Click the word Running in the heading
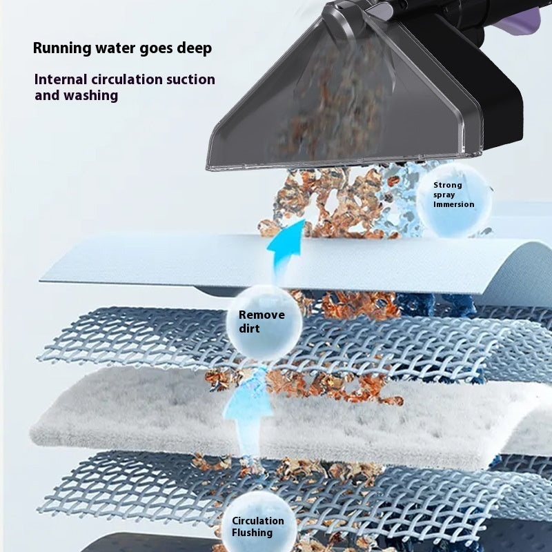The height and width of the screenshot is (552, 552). tap(61, 48)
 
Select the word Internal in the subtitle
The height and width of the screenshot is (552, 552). tap(61, 79)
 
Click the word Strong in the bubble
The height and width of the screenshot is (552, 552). tap(448, 185)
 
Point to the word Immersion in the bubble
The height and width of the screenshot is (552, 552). tap(453, 204)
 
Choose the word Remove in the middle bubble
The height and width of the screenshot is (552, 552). tap(262, 315)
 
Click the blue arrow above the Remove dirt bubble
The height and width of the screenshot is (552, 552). tap(284, 248)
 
